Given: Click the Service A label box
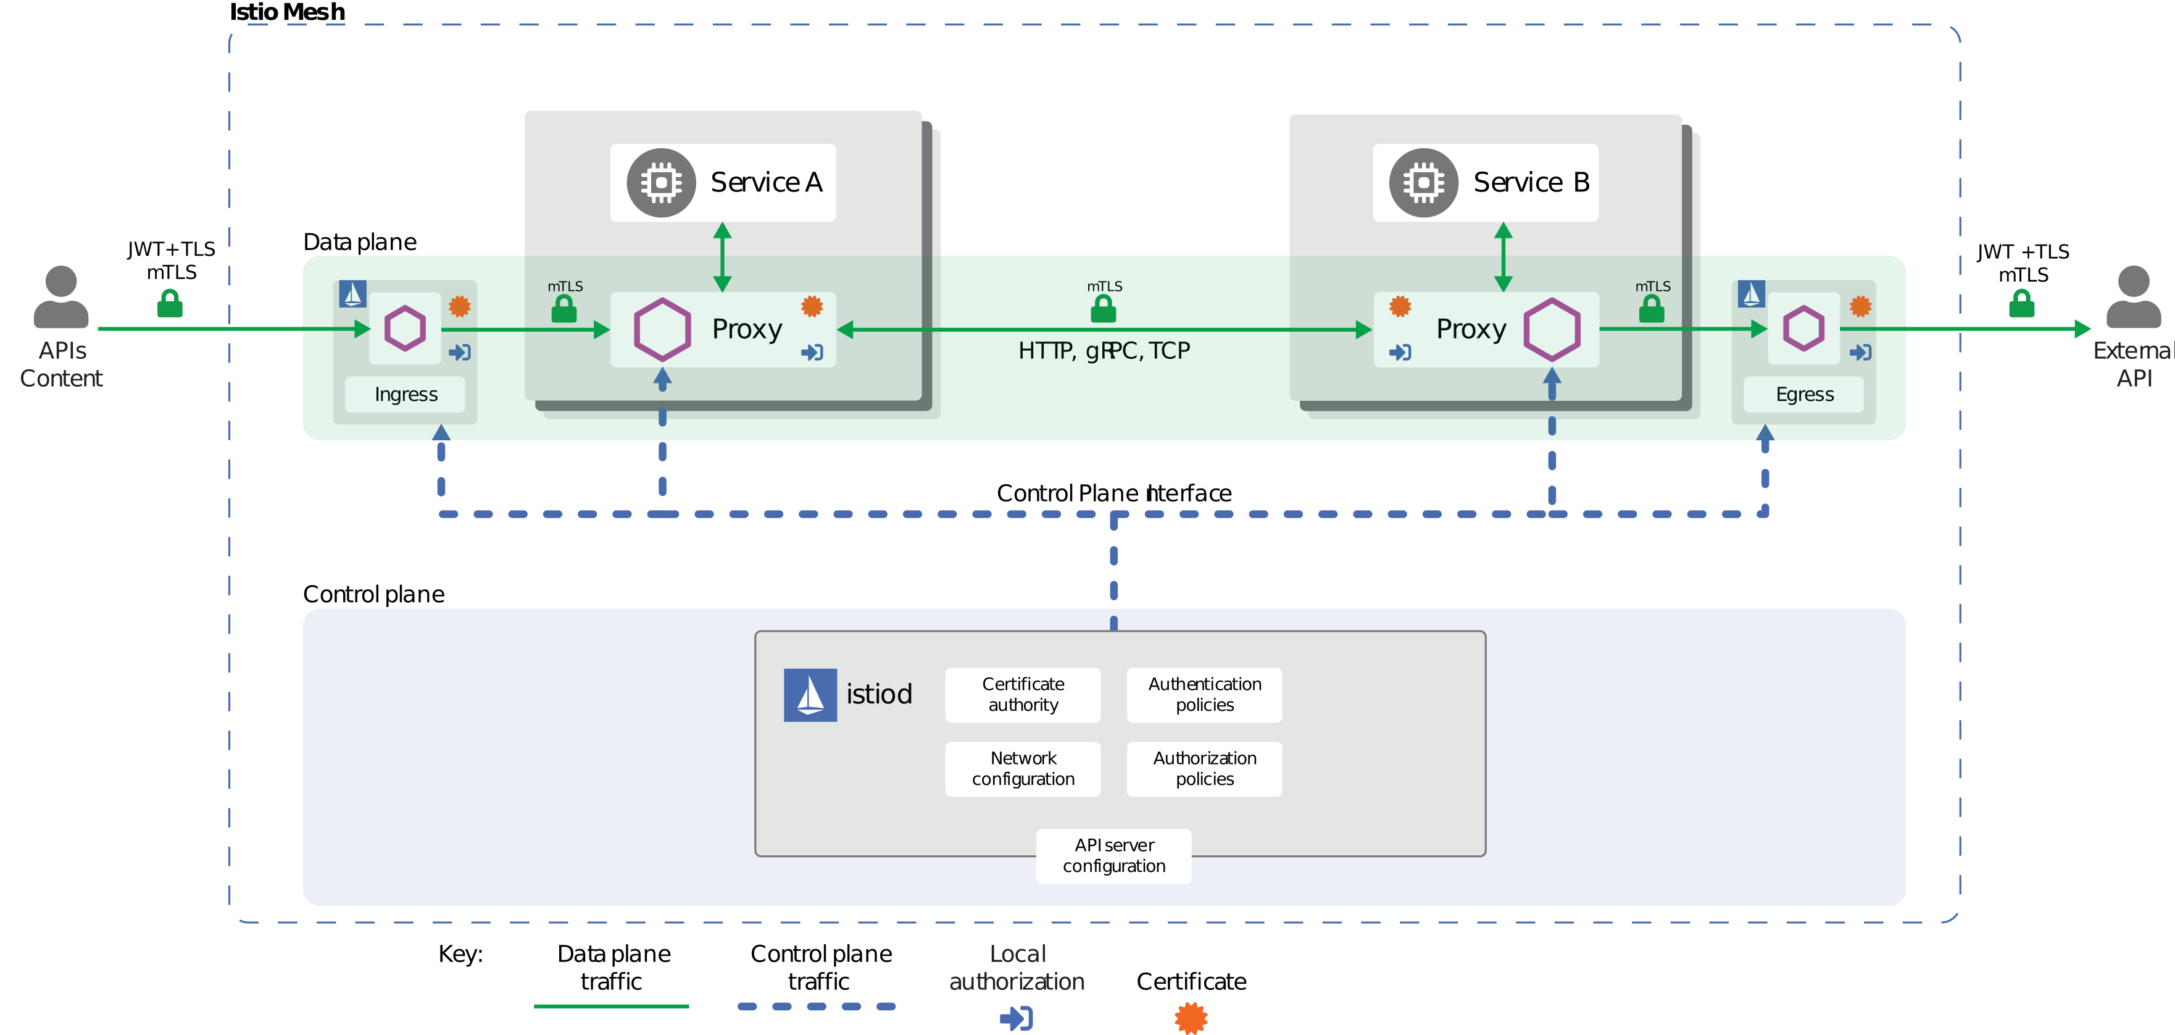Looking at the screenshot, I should [723, 183].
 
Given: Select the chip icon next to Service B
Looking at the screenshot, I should [1423, 183].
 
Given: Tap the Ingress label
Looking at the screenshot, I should [405, 395].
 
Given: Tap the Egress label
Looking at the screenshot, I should [1803, 395].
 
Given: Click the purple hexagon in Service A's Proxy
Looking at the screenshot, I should [662, 330].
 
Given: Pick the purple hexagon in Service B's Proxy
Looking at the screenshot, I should [1551, 330].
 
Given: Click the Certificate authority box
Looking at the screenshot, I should [1023, 695].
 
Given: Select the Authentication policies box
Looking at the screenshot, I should [1204, 695].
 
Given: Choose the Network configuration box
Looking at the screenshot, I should [1023, 769].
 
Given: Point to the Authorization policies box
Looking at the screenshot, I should [1204, 769].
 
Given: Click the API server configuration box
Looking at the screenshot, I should [1113, 856].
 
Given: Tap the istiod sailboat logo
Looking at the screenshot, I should [810, 695].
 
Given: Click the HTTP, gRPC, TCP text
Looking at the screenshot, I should [1104, 351].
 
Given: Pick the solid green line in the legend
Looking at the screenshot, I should [611, 1006].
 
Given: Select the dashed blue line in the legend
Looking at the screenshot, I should [816, 1006].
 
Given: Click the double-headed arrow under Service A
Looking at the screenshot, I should [722, 257].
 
